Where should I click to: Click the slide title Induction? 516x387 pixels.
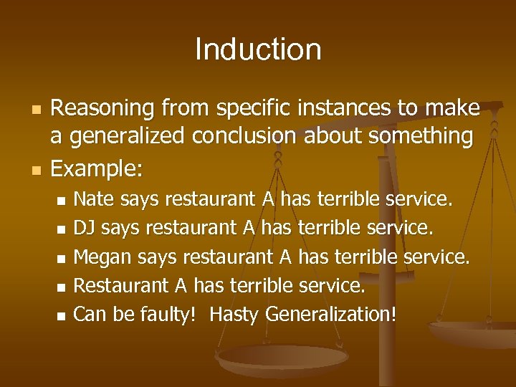(x=258, y=49)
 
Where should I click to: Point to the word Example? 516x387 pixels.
(x=97, y=168)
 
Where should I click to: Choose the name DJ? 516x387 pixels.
(x=85, y=229)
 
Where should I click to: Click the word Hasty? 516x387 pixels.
(x=235, y=313)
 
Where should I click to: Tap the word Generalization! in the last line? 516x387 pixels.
(x=330, y=313)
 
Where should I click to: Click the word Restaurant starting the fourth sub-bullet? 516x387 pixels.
(x=122, y=286)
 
